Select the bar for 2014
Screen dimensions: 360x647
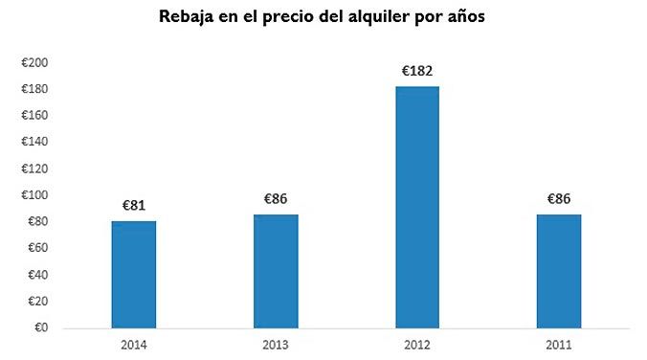tap(134, 275)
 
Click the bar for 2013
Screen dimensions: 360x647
tap(276, 271)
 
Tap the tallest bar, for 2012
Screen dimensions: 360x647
tap(416, 208)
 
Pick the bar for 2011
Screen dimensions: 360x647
tap(558, 271)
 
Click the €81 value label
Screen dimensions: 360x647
tap(134, 205)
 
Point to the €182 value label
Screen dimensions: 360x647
tap(416, 70)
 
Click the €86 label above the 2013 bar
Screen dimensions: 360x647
tap(276, 199)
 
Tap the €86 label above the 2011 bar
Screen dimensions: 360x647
tap(558, 199)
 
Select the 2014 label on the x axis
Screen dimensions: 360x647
tap(134, 343)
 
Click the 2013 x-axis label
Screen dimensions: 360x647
tap(276, 343)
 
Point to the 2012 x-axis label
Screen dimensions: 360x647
tap(416, 343)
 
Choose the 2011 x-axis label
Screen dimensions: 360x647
tap(558, 343)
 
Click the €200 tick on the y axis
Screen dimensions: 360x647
tap(35, 63)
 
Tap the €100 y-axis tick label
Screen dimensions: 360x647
tap(35, 195)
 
